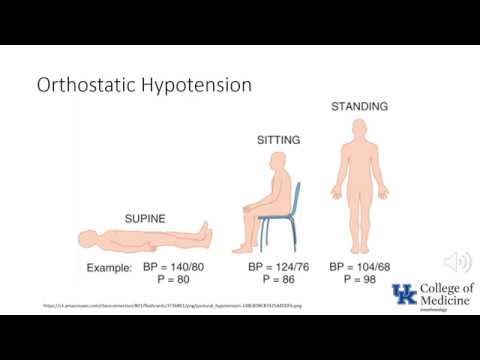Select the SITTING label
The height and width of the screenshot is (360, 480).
click(273, 142)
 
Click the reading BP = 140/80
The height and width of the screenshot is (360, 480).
click(176, 268)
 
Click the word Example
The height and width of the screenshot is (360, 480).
click(108, 268)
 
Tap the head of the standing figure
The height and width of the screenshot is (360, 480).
click(361, 124)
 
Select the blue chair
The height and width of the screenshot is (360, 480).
click(275, 230)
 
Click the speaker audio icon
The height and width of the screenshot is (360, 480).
click(458, 263)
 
